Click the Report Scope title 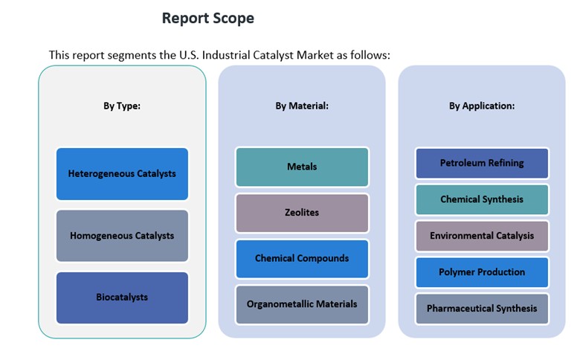coord(207,19)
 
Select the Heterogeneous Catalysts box coord(122,174)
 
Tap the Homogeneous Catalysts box coord(122,236)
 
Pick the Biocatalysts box coord(122,298)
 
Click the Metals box coord(302,167)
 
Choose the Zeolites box coord(302,213)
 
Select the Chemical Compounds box coord(302,259)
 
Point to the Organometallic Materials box coord(302,304)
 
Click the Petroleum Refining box coord(482,163)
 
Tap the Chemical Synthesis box coord(482,199)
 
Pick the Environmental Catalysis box coord(482,236)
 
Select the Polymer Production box coord(482,272)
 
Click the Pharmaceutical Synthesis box coord(482,309)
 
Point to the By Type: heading coord(122,106)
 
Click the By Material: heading coord(302,106)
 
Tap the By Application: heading coord(482,106)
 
